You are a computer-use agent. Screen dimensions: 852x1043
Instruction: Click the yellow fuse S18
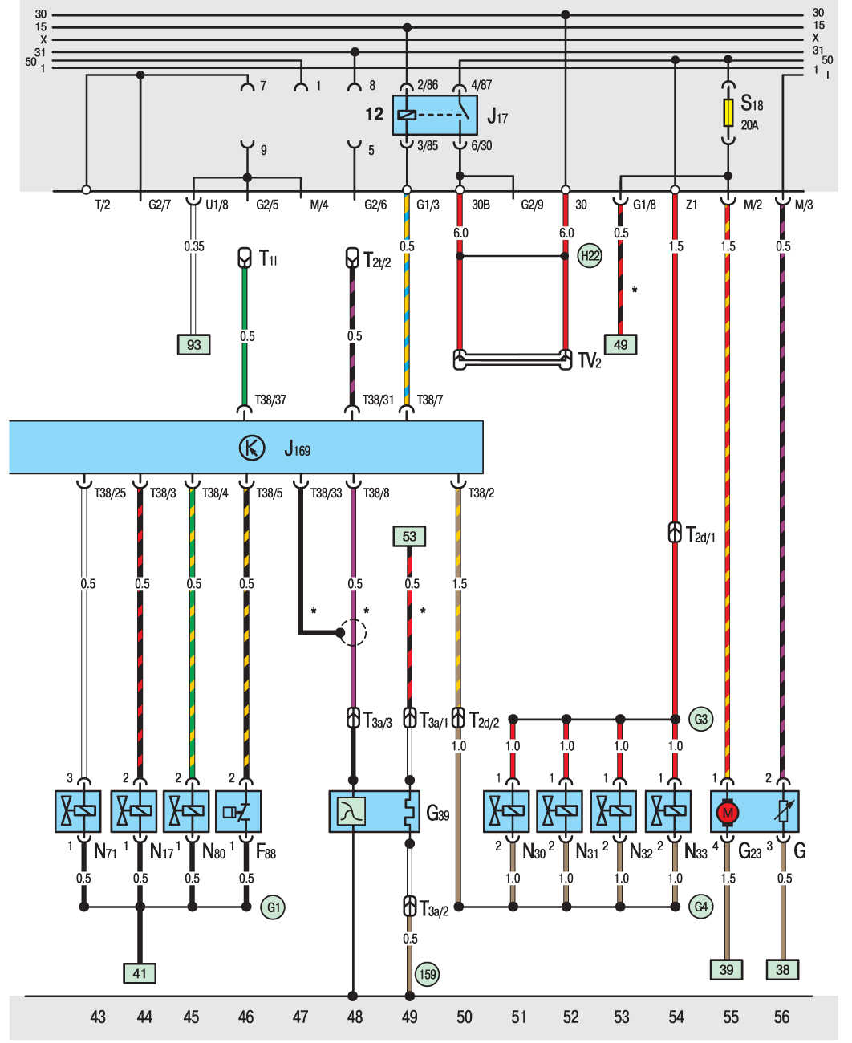coord(728,112)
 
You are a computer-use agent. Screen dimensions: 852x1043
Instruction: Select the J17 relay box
coord(435,116)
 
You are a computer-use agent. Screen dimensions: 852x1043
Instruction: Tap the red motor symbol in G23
coord(728,813)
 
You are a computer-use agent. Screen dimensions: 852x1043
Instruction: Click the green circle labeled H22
coord(590,256)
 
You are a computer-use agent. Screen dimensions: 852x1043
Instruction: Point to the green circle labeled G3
coord(700,719)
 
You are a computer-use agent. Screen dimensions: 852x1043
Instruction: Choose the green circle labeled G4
coord(700,907)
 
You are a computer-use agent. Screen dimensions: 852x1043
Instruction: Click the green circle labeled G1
coord(273,907)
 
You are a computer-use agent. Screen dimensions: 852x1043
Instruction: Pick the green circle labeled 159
coord(428,974)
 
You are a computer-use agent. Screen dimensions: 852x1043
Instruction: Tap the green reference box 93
coord(194,345)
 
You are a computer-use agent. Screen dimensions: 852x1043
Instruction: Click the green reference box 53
coord(409,536)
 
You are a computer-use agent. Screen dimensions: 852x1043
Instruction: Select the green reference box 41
coord(140,973)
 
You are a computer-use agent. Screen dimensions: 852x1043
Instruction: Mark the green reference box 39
coord(726,969)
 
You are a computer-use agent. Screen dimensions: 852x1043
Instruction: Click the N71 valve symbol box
coord(78,811)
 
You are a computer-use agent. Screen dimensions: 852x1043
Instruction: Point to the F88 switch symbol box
coord(238,811)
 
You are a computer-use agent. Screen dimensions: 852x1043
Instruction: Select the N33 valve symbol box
coord(668,811)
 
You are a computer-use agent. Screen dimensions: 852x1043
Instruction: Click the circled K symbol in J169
coord(252,448)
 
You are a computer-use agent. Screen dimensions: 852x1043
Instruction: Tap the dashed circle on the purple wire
coord(352,632)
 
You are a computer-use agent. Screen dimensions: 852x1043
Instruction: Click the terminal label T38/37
coord(270,400)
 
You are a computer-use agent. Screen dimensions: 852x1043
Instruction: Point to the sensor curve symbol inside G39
coord(351,812)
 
